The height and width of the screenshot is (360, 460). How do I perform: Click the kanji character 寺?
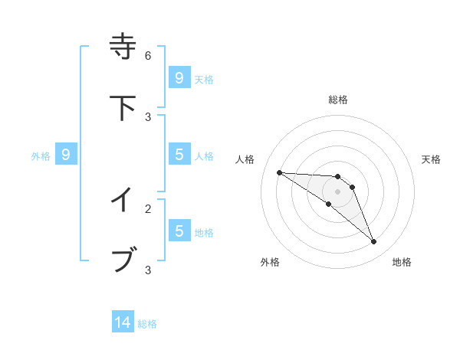(123, 47)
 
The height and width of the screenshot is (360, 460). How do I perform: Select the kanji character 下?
(123, 107)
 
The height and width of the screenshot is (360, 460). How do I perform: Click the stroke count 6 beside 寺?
(148, 55)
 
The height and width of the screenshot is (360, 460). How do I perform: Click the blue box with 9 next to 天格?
(179, 77)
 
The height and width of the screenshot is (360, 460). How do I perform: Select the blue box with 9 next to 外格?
(66, 155)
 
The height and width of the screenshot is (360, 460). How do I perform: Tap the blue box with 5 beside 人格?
(179, 155)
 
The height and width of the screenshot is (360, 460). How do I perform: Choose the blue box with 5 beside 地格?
(179, 231)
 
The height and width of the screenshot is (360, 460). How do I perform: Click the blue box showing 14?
(123, 322)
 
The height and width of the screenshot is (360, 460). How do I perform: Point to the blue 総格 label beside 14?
(147, 324)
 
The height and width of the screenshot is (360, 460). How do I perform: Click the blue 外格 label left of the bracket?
(41, 156)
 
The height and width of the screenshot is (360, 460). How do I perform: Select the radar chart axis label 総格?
(337, 100)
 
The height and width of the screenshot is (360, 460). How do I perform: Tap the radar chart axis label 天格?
(431, 159)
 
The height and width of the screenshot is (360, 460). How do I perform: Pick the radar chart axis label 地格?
(402, 262)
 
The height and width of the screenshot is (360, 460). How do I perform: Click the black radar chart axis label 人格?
(245, 159)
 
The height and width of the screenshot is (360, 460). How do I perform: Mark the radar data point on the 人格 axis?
(279, 172)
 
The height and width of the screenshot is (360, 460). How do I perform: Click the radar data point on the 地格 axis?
(373, 242)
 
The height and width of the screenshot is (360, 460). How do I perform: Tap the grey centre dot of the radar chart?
(337, 191)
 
